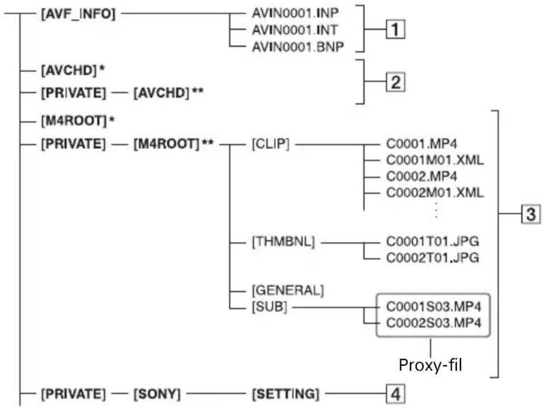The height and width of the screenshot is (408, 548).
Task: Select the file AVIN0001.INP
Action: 295,13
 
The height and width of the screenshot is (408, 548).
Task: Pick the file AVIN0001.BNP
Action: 298,46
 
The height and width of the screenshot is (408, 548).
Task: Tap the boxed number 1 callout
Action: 396,29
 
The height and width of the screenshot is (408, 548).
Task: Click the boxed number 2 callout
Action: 396,82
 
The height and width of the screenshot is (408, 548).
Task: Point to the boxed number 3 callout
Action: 531,214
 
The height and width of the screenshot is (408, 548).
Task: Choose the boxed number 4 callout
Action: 396,394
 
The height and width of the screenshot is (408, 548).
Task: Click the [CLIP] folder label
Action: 270,144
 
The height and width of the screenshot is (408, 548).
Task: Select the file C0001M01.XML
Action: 435,160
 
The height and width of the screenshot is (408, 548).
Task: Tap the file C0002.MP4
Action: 422,176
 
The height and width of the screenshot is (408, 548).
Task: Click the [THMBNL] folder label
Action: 283,242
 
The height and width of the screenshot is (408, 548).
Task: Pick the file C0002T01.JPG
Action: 432,258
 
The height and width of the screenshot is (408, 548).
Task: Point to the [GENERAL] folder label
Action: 288,290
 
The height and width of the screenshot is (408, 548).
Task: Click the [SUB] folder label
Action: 269,307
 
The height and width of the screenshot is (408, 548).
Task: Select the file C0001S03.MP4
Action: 433,307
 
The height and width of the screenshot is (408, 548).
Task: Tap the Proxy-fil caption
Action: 430,365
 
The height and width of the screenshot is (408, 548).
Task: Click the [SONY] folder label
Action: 157,394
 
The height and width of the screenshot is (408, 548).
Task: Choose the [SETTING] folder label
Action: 286,394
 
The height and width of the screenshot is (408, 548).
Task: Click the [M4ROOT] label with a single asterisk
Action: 78,121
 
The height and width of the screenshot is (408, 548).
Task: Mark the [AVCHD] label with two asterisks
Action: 168,93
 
